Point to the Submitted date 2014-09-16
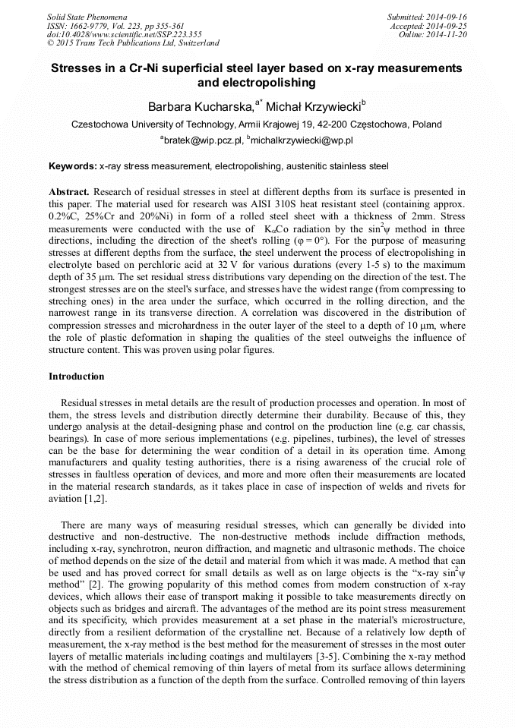(x=448, y=16)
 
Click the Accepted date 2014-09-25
(x=448, y=25)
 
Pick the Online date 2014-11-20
(x=448, y=34)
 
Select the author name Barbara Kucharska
(x=192, y=106)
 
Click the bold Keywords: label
(x=72, y=165)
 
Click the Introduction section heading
(x=77, y=376)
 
